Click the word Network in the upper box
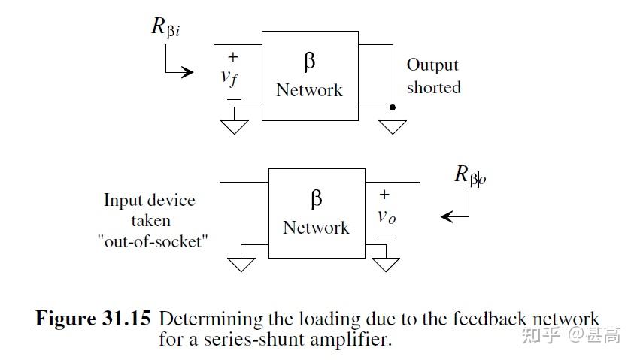[x=309, y=90]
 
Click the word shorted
[x=433, y=87]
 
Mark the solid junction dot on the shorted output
[x=393, y=107]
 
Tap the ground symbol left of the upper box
[x=235, y=126]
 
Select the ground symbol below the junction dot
[x=393, y=126]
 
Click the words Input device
[x=149, y=201]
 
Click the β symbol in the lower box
[x=316, y=199]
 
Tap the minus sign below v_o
[x=385, y=236]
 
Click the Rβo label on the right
[x=475, y=176]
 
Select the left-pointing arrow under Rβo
[x=455, y=216]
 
